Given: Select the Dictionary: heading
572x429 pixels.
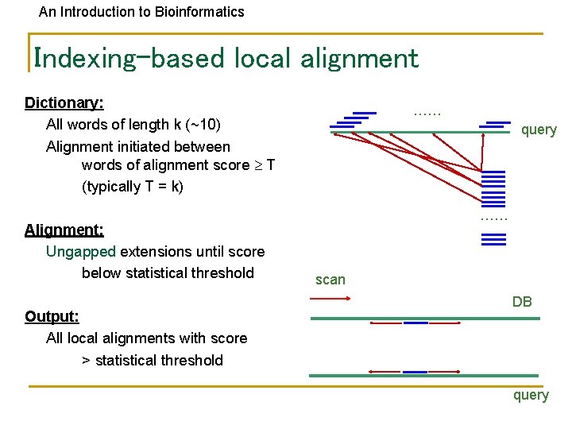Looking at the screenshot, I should tap(64, 102).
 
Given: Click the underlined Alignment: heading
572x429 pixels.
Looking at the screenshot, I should tap(64, 230).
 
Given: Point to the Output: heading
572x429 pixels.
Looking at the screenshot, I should tap(52, 316).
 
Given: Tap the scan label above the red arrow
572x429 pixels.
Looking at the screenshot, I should tap(330, 280).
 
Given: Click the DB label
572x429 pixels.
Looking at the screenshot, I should tap(522, 302).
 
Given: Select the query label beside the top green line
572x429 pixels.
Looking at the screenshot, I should tap(539, 129).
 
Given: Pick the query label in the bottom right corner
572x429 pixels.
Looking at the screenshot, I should tap(531, 395).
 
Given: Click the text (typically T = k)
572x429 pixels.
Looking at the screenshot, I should tap(132, 187).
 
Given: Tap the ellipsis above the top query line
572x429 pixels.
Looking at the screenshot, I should tap(427, 113).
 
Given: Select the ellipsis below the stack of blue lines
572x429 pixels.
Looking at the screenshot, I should tap(494, 218).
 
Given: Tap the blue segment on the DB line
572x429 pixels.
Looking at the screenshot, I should tap(415, 323).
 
